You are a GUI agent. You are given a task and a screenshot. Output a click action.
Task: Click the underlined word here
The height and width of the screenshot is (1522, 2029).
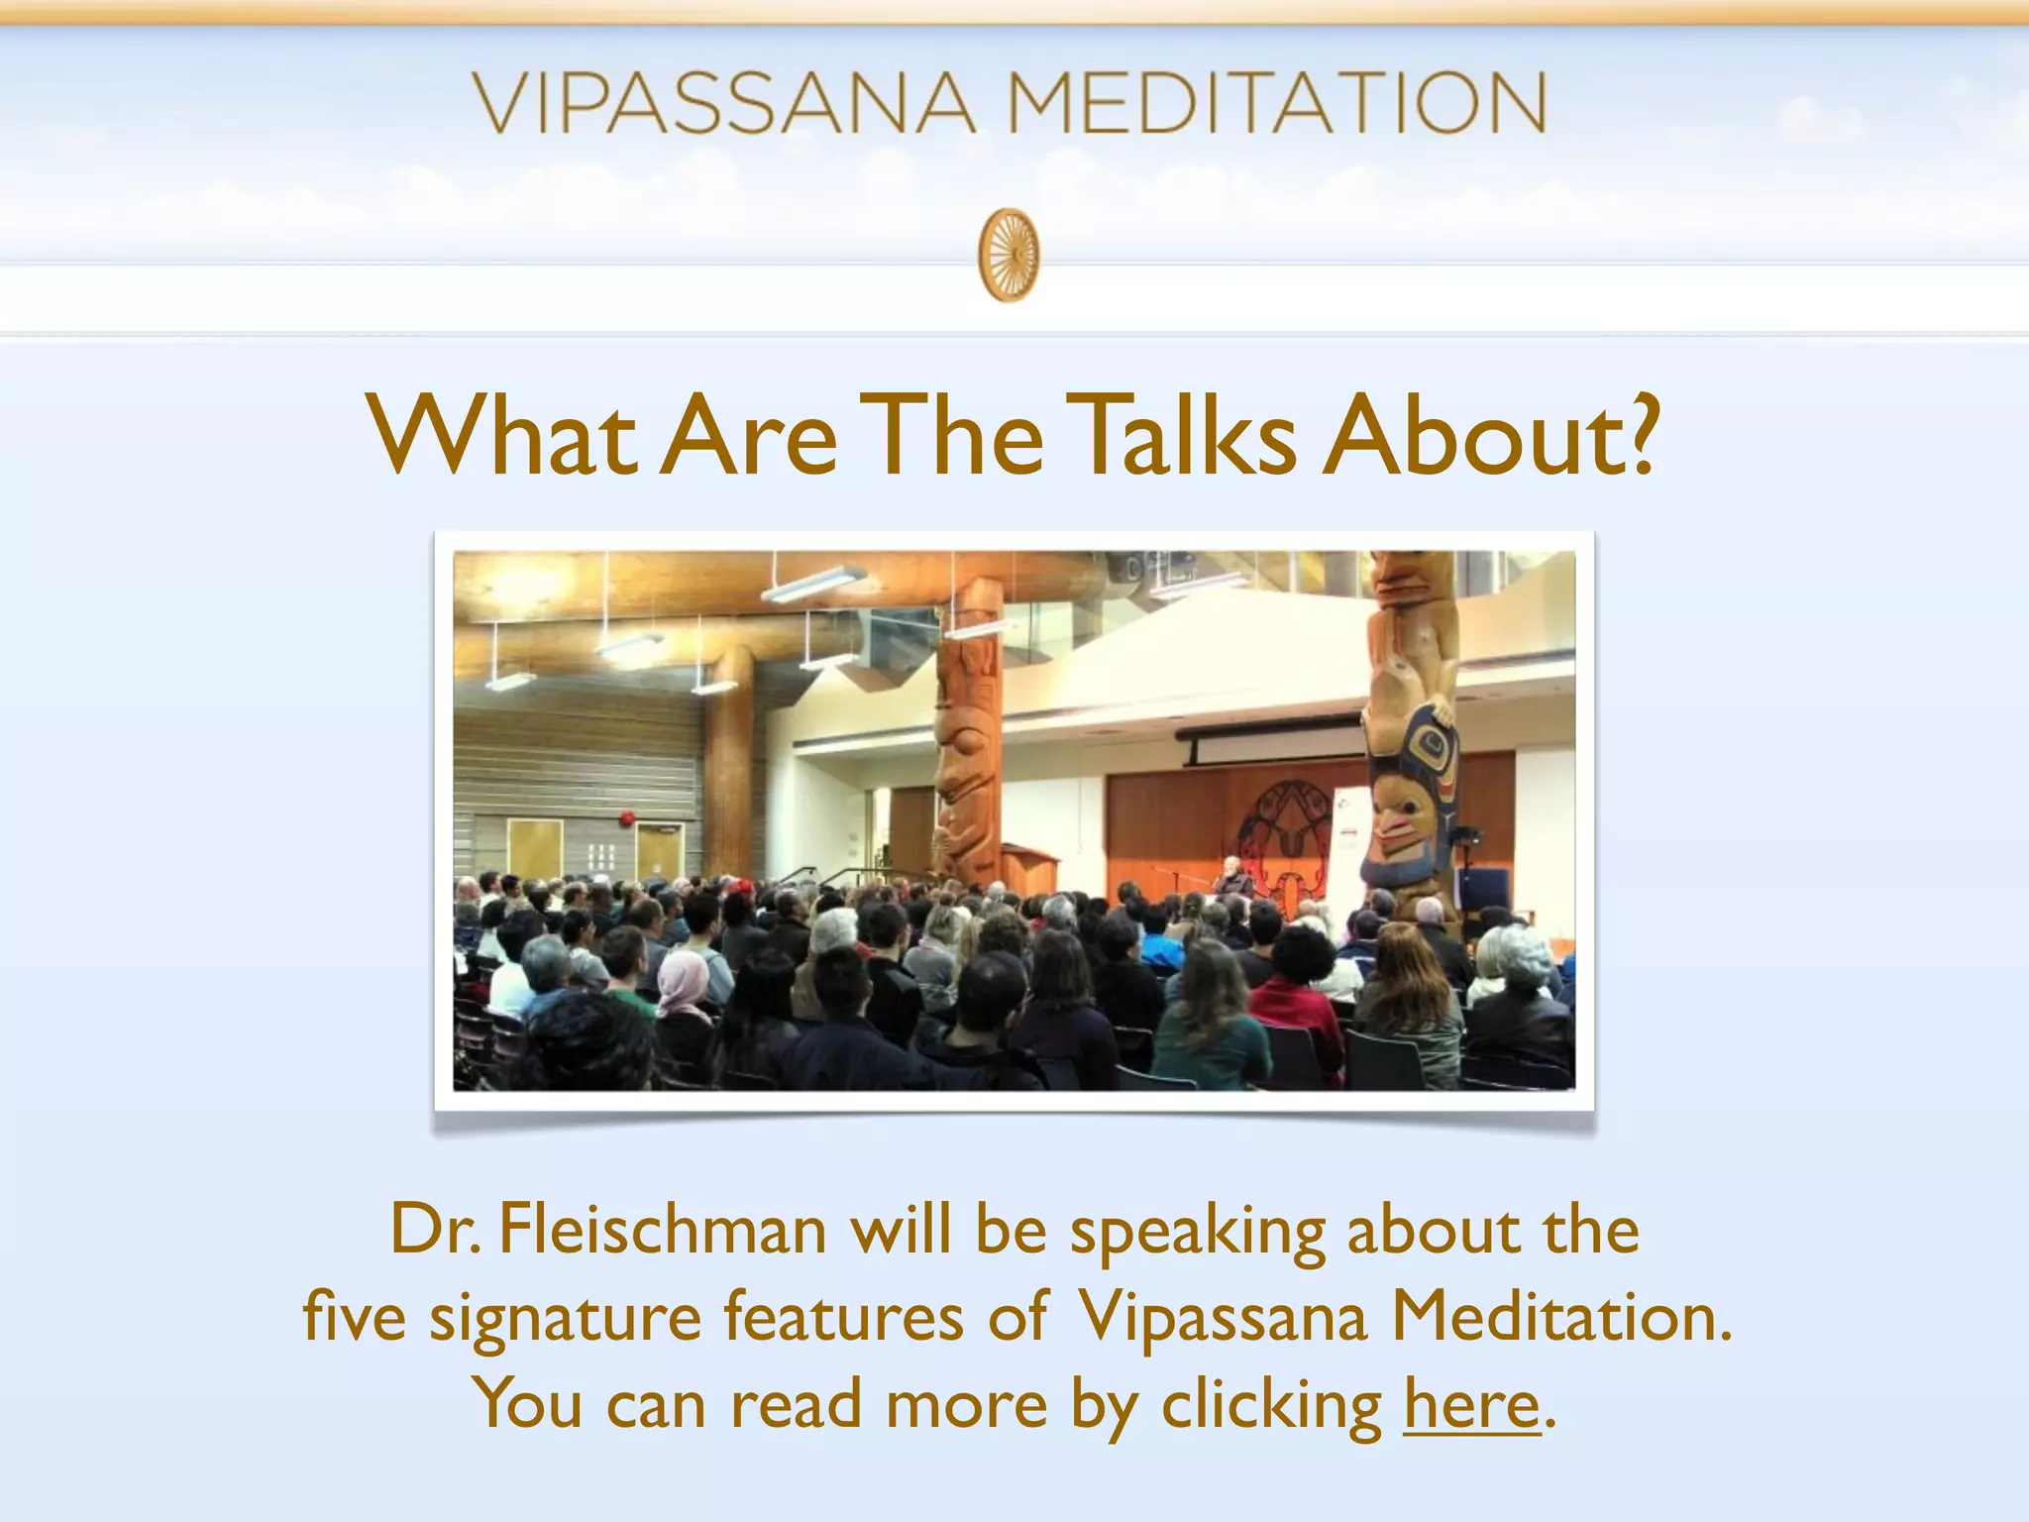point(1471,1404)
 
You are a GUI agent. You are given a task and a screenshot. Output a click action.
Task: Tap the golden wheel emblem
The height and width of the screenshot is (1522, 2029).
point(1009,254)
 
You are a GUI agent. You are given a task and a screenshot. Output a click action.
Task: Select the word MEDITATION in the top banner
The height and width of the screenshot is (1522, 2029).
point(1277,103)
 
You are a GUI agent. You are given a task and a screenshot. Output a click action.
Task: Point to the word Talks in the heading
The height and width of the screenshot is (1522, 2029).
point(1185,436)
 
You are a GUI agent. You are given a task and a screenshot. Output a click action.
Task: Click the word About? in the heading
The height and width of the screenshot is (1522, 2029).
point(1490,436)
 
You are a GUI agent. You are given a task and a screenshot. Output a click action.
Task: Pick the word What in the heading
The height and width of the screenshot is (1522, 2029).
point(501,436)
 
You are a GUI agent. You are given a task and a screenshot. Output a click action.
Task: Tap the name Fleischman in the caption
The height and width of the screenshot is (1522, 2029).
point(662,1230)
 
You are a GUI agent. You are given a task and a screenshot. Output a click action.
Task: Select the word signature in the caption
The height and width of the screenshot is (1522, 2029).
point(565,1317)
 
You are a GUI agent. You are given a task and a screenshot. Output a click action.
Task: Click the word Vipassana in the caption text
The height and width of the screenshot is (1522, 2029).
point(1223,1317)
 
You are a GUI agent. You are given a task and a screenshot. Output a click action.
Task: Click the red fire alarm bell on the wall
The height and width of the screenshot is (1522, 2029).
point(626,818)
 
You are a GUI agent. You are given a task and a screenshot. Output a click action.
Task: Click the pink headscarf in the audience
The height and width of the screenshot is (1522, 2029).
point(685,981)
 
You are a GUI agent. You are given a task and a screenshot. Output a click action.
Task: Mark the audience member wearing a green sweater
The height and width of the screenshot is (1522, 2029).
point(1211,1031)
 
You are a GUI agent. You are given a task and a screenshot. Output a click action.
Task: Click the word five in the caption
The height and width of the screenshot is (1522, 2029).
point(354,1317)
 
